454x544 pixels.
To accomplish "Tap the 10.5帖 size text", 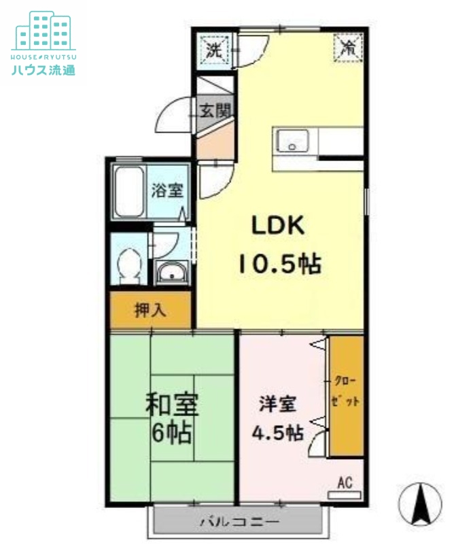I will (279, 263).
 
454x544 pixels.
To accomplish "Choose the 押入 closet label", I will (150, 311).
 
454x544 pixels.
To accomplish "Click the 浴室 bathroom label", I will (167, 190).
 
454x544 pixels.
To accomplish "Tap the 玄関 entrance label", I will (215, 110).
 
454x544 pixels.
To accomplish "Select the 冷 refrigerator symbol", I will (349, 48).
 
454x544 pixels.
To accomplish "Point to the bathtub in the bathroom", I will (130, 192).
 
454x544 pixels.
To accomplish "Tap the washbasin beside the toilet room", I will (171, 274).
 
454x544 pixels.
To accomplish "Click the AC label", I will (345, 483).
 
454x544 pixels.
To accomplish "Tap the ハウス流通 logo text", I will (43, 69).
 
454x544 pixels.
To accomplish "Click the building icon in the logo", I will (43, 30).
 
